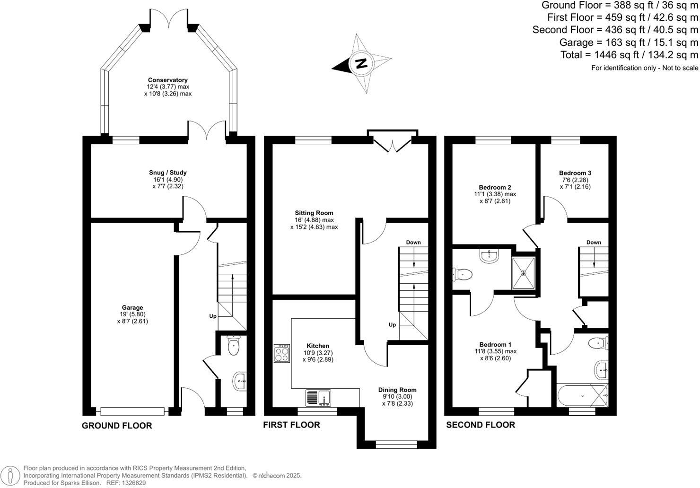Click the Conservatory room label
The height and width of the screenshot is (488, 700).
tap(168, 80)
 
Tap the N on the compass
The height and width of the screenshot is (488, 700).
tap(361, 63)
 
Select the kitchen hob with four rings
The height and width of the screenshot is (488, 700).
tap(282, 353)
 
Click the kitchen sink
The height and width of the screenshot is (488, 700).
tap(318, 398)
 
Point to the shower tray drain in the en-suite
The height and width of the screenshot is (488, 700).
tap(524, 273)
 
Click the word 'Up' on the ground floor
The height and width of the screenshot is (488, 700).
tap(213, 316)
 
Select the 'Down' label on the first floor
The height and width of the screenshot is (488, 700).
tap(413, 242)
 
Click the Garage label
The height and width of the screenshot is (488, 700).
tap(132, 307)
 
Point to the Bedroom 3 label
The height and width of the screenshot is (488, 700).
tap(575, 173)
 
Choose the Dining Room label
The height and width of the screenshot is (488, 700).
tap(397, 390)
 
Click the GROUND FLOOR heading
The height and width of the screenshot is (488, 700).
tap(117, 426)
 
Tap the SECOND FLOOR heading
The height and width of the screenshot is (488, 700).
tap(481, 425)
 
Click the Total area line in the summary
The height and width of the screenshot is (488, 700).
tap(629, 55)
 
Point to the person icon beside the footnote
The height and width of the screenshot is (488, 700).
tap(10, 476)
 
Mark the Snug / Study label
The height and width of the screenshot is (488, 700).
tap(168, 173)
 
